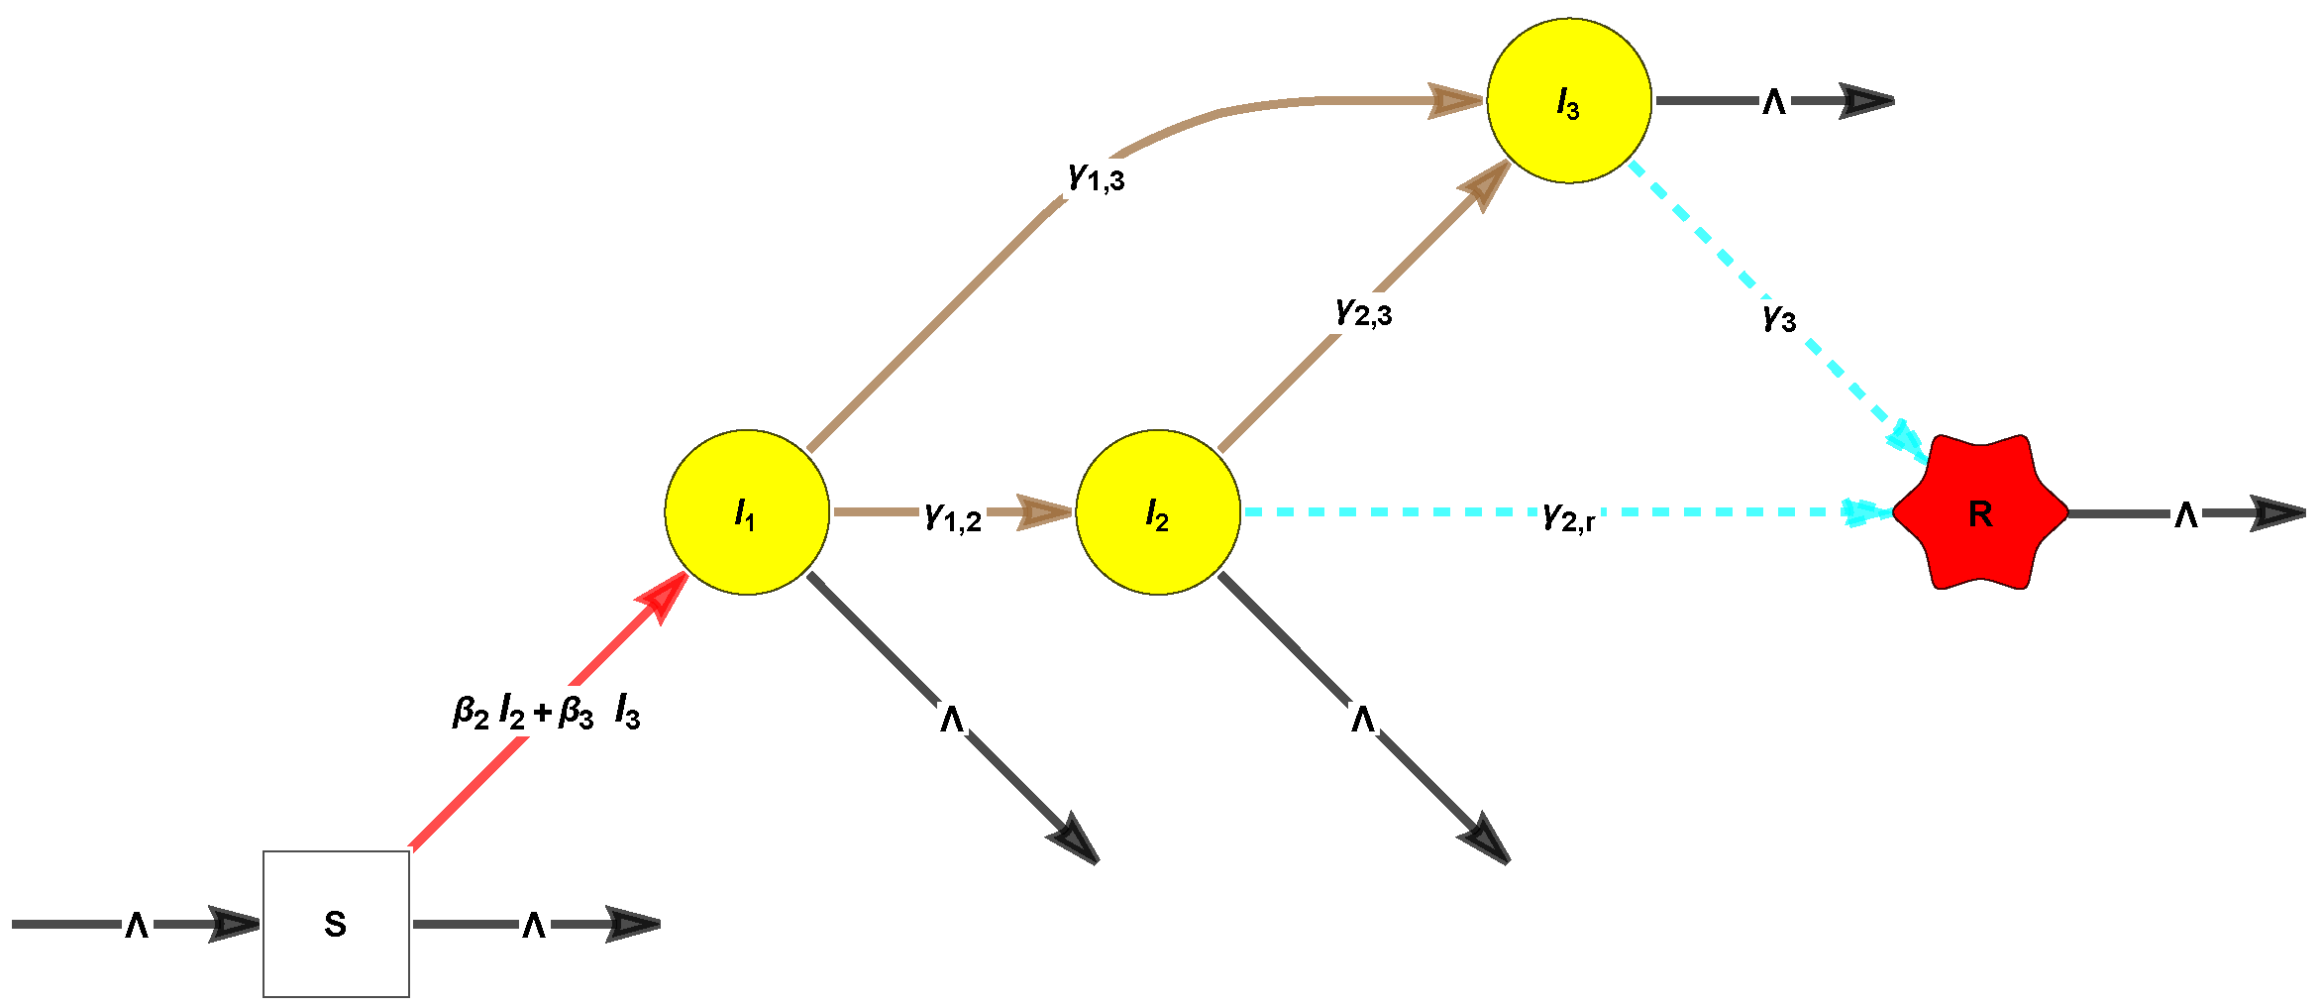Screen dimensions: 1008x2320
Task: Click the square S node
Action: tap(336, 924)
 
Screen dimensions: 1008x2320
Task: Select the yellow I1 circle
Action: tap(747, 512)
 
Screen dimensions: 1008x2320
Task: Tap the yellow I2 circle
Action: tap(1158, 512)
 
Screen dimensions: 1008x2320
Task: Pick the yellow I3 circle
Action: tap(1569, 101)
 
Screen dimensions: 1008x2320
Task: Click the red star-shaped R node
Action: tap(1980, 512)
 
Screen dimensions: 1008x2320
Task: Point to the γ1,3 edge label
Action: tap(1097, 177)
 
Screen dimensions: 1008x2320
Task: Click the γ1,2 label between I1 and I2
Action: tap(953, 515)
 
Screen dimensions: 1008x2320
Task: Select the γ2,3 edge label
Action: tap(1364, 312)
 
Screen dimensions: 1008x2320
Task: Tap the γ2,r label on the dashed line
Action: tap(1569, 515)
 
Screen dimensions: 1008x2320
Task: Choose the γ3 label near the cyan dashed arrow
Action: tap(1779, 317)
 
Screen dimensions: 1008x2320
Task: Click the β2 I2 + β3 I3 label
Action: tap(546, 712)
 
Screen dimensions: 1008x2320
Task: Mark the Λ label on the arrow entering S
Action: tap(137, 925)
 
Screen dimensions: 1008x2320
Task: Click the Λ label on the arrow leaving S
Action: tap(534, 925)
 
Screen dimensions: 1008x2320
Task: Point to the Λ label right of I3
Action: tap(1774, 101)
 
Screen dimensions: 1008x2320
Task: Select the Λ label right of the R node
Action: tap(2186, 513)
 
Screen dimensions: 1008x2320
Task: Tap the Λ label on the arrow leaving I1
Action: tap(952, 719)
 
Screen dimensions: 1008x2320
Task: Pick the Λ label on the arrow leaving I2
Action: tap(1363, 719)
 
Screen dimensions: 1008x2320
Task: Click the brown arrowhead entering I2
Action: tap(1046, 512)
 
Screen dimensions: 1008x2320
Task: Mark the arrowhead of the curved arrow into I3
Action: tap(1456, 101)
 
